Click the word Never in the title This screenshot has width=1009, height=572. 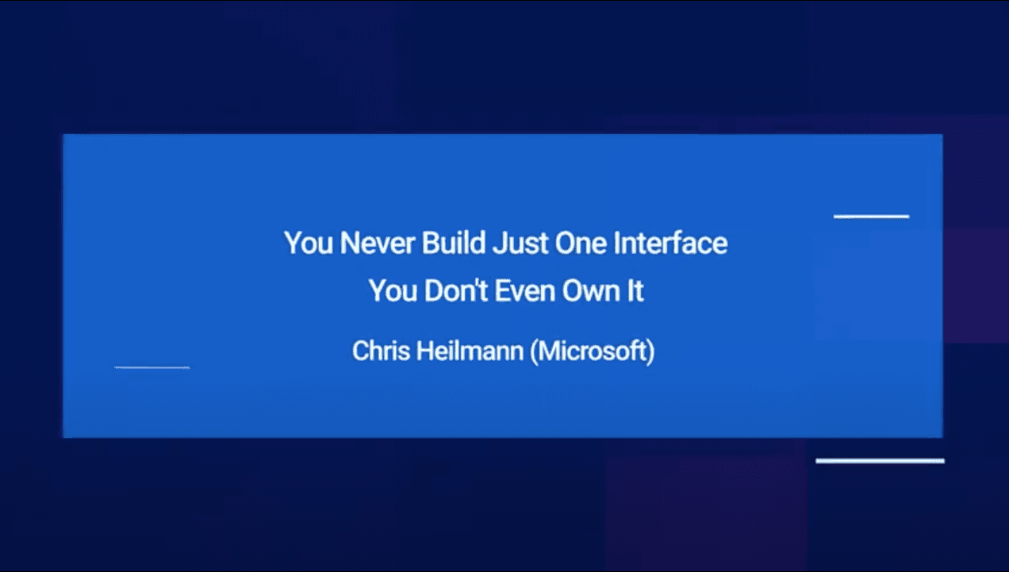(x=377, y=244)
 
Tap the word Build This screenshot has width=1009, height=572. (x=454, y=244)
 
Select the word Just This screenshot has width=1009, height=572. (x=520, y=244)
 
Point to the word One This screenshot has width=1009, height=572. (x=581, y=244)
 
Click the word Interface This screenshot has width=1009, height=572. (x=670, y=244)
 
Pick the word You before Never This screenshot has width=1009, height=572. (x=309, y=244)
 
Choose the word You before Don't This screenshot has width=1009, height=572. (x=393, y=291)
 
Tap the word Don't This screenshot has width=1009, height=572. (x=456, y=291)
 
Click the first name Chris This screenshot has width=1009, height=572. (x=381, y=351)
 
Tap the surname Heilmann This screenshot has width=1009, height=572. (x=470, y=351)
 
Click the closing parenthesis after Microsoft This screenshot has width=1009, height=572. (x=651, y=351)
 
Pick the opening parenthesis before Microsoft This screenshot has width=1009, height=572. (x=534, y=351)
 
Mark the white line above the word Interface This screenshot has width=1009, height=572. (x=871, y=217)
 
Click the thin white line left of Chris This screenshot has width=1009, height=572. (x=152, y=367)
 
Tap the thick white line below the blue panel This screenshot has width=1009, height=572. (x=880, y=461)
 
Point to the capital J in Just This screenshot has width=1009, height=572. (x=499, y=244)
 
